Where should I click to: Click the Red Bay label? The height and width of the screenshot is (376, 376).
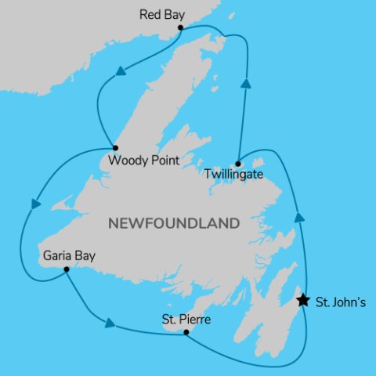161,14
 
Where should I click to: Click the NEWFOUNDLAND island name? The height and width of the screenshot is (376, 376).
172,223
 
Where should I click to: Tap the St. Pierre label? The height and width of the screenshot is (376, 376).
186,320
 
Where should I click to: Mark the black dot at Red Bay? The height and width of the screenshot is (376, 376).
181,27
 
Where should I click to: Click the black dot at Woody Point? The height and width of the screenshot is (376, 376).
115,147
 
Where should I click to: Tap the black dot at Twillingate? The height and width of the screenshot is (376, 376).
237,163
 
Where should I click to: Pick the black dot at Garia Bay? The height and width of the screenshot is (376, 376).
66,269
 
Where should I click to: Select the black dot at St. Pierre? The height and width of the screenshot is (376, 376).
185,333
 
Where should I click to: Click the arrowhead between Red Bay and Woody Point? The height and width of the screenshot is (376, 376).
121,72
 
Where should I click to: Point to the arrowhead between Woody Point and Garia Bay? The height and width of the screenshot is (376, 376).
34,204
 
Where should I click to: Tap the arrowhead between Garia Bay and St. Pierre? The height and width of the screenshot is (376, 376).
110,322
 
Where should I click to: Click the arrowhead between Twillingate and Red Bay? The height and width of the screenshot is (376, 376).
246,83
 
